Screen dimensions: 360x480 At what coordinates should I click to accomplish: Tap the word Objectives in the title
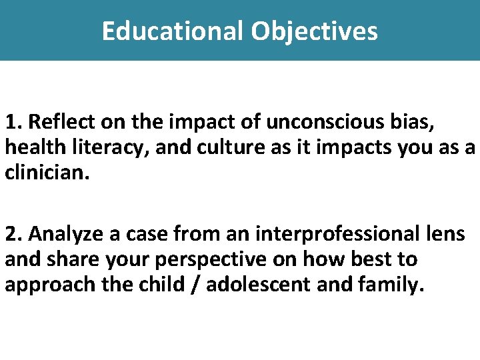click(315, 31)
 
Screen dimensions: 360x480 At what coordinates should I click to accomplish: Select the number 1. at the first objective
click(14, 122)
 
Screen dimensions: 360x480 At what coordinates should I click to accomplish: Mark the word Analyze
click(62, 234)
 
